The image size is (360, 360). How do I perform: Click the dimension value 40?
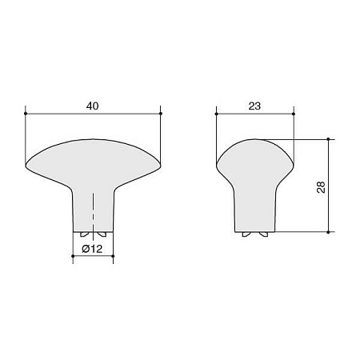pos(94,104)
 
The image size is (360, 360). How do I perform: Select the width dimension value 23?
pos(255,104)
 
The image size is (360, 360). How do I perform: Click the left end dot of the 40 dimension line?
pos(26,113)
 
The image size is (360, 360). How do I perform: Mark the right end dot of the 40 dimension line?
pos(161,113)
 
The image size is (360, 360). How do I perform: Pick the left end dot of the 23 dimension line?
pos(217,113)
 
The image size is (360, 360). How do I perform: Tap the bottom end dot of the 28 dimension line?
pos(329,232)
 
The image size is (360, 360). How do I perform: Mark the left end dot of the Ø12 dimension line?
pos(73,257)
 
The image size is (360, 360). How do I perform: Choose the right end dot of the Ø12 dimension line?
pos(114,257)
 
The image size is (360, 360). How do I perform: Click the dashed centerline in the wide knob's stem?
pos(94,212)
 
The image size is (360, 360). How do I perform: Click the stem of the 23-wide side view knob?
pos(255,204)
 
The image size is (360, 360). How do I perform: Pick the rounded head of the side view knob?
pos(255,156)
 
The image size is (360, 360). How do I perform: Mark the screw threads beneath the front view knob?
pos(94,233)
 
